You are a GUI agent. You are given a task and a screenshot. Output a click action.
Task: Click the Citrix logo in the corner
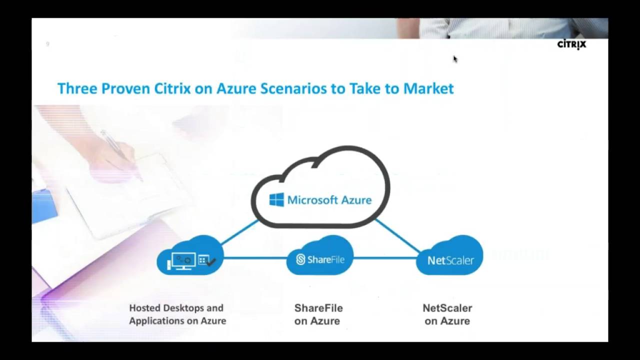571,45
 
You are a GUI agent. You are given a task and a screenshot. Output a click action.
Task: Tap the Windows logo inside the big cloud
276,200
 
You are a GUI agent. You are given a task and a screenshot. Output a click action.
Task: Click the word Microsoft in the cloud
312,200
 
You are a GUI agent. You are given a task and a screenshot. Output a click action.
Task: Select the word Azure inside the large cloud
356,200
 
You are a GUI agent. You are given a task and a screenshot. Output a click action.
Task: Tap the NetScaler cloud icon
449,257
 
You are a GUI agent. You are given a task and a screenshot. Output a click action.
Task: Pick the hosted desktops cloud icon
190,257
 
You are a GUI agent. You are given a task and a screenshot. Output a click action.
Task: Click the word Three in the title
77,88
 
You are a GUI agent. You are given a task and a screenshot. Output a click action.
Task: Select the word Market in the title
428,88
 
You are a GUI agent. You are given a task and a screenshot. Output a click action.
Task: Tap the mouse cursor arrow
455,59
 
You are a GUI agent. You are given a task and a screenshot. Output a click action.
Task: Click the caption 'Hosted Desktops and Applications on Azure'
177,314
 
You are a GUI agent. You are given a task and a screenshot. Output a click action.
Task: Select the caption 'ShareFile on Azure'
318,314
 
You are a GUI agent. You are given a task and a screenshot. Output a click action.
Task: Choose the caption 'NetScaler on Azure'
447,314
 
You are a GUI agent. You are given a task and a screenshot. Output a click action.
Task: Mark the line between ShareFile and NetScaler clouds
385,258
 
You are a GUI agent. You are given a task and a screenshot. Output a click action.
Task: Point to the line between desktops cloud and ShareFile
255,258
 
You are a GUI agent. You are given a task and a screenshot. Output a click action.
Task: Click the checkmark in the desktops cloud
211,261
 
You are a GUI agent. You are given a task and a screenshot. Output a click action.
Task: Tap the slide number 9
47,44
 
